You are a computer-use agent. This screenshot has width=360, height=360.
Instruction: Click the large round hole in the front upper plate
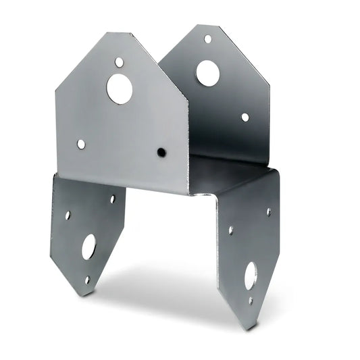pos(120,88)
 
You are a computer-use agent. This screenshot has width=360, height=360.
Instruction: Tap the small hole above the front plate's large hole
pos(119,62)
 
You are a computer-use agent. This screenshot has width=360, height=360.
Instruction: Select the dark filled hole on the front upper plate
pos(161,153)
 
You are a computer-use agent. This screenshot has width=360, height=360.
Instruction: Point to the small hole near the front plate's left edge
pos(81,144)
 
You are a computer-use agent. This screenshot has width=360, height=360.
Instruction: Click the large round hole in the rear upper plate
pos(207,72)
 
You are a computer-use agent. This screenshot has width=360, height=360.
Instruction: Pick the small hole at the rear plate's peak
pos(207,39)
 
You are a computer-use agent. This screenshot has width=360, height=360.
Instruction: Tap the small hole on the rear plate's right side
pos(245,117)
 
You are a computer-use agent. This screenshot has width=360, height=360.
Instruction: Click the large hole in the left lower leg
pos(88,247)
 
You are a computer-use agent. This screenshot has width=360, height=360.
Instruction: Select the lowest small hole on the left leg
pos(87,279)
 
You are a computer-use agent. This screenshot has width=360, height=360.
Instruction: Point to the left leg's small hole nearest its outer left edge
pos(68,215)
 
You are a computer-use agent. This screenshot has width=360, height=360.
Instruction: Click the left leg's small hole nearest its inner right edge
pos(112,199)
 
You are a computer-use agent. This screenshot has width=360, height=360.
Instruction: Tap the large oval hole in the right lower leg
pos(251,275)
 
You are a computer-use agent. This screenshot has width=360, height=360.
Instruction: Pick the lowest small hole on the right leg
pos(251,301)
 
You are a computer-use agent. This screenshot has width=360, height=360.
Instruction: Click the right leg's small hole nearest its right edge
pos(268,211)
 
